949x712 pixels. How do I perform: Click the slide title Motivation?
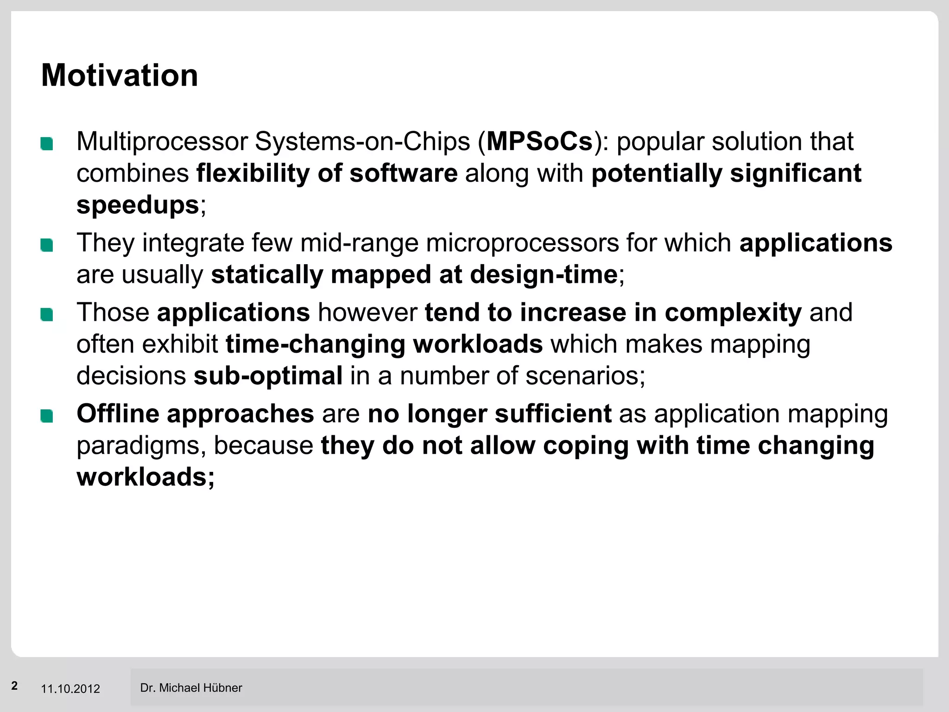pyautogui.click(x=120, y=75)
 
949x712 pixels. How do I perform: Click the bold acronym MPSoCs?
pyautogui.click(x=539, y=141)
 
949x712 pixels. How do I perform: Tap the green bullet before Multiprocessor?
pyautogui.click(x=47, y=144)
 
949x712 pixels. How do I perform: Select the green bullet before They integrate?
pyautogui.click(x=47, y=245)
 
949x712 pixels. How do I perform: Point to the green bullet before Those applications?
pyautogui.click(x=47, y=315)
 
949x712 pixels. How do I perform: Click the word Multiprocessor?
pyautogui.click(x=162, y=141)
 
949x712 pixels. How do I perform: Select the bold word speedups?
pyautogui.click(x=138, y=204)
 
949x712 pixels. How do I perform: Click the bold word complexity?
pyautogui.click(x=733, y=312)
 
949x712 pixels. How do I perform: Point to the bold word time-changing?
pyautogui.click(x=315, y=344)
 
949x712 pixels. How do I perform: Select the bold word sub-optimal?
pyautogui.click(x=268, y=375)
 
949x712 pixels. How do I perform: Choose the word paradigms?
pyautogui.click(x=141, y=445)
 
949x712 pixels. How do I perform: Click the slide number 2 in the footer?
pyautogui.click(x=15, y=686)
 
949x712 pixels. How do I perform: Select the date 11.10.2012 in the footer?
pyautogui.click(x=70, y=689)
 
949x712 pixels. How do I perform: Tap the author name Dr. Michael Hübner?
pyautogui.click(x=191, y=688)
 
